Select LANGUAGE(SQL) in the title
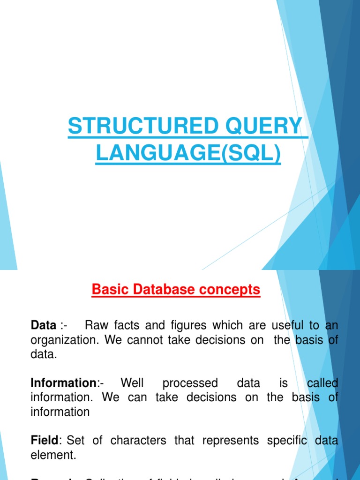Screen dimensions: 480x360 (188, 154)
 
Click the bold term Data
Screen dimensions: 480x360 (44, 325)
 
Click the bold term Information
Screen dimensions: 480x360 (63, 383)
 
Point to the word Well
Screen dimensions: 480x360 (132, 383)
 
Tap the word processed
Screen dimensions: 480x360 (190, 383)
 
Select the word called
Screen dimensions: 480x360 (322, 383)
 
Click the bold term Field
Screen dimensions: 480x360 (44, 441)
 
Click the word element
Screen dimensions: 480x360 (52, 455)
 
